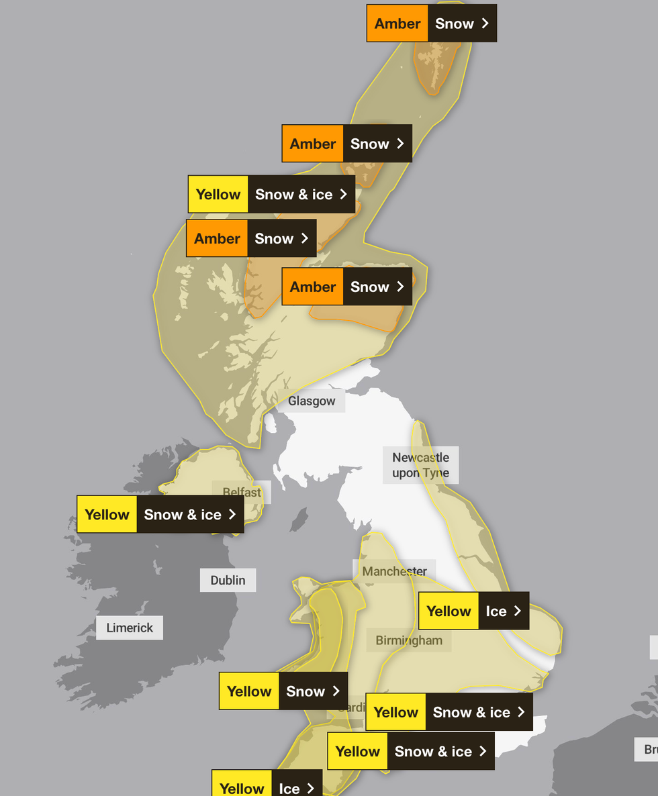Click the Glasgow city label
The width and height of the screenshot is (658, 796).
tap(312, 401)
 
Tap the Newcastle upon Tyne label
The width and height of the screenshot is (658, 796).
tap(421, 465)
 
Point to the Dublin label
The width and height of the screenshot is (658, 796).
tap(228, 580)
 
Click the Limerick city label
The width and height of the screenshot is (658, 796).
tap(130, 628)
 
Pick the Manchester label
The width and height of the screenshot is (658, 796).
tap(395, 571)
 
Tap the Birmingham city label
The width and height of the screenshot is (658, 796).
tap(409, 640)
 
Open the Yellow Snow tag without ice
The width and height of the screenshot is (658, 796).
tap(283, 691)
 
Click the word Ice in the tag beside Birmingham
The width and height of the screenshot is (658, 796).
tap(496, 611)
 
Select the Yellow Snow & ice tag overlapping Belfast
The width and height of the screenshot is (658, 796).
tap(160, 515)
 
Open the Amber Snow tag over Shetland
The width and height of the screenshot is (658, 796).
tap(431, 23)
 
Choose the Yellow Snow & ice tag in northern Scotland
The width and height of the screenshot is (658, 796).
tap(271, 195)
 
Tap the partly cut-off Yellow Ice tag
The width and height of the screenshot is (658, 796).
tap(267, 785)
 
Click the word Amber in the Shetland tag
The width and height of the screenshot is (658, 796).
tap(397, 23)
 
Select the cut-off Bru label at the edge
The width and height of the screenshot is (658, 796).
tap(649, 749)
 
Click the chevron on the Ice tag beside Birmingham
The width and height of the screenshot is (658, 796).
tap(517, 611)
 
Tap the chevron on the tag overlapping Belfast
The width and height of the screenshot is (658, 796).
tap(232, 515)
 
